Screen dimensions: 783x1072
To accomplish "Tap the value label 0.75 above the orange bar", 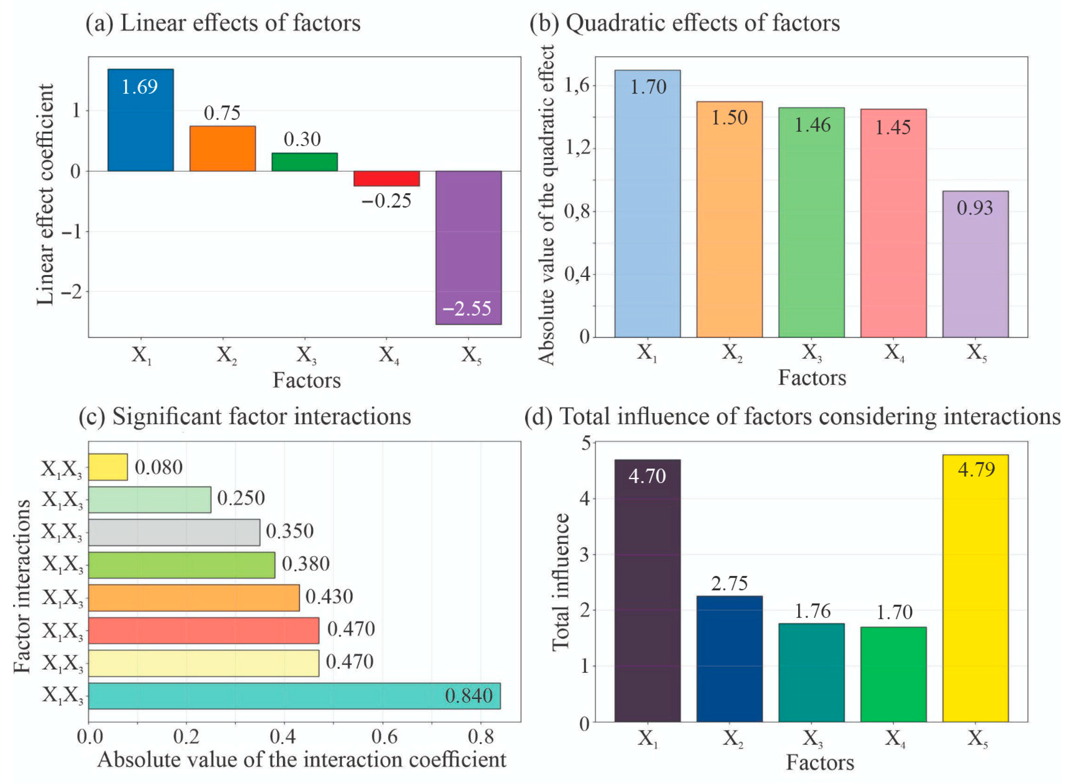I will (222, 113).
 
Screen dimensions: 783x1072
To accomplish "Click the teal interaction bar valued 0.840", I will (294, 696).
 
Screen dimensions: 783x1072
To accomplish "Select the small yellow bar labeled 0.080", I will (108, 467).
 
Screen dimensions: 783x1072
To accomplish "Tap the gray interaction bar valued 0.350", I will (174, 532).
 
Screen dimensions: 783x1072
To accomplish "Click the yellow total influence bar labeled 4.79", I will (975, 588).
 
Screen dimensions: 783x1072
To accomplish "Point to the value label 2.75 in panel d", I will (729, 583).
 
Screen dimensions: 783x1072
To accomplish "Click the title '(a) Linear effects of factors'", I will (223, 23).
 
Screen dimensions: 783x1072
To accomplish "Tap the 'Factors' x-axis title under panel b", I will (811, 378).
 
